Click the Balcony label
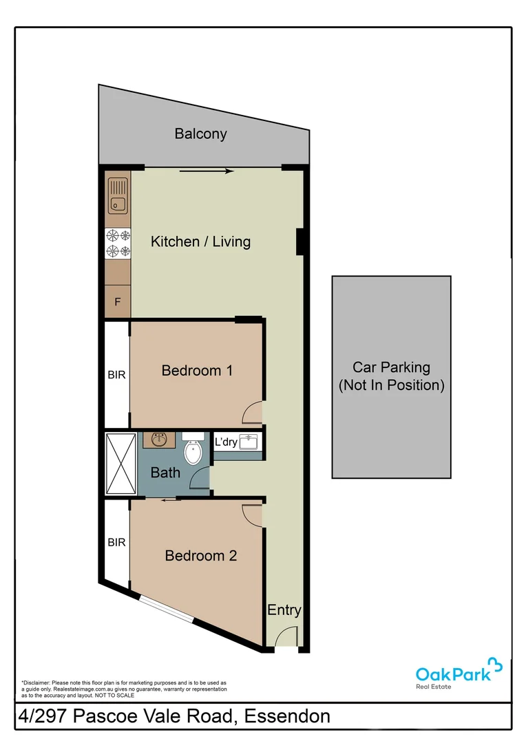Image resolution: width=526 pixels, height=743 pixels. [200, 133]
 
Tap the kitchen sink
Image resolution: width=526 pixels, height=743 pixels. [117, 195]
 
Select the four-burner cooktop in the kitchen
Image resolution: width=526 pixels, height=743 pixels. [117, 243]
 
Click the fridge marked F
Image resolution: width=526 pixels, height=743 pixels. [117, 301]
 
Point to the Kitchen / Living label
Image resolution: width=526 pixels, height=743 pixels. [200, 241]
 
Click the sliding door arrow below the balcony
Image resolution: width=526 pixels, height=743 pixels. [206, 171]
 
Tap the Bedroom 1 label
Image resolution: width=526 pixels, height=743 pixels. [197, 370]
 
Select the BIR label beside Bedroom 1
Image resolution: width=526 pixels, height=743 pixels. [116, 375]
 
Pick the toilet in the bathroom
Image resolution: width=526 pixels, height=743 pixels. [193, 451]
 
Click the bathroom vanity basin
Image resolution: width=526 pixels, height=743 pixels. [160, 440]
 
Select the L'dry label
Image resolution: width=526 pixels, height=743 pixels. [226, 442]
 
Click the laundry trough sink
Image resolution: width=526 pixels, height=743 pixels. [249, 441]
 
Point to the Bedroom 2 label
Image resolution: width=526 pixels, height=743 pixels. [200, 555]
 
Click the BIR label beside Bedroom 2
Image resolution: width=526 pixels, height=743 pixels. [116, 542]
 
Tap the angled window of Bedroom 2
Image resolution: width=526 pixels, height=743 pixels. [166, 609]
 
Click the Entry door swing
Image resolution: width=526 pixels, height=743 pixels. [286, 638]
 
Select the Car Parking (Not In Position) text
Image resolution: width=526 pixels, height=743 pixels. [391, 376]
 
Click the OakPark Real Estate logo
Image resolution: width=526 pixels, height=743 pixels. [459, 673]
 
